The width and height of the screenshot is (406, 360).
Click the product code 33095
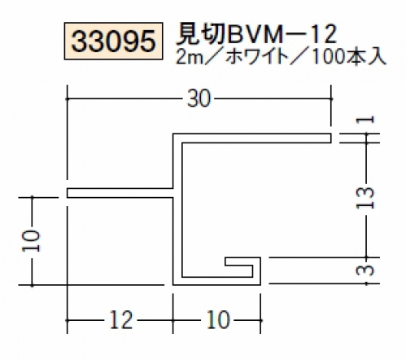(113, 42)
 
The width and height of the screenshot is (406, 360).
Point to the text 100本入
(349, 57)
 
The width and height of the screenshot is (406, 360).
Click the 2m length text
(190, 58)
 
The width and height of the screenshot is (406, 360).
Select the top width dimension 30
(199, 99)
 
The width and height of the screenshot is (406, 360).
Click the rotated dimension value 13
(365, 198)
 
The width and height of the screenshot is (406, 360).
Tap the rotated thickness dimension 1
(365, 120)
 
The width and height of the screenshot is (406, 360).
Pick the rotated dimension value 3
(365, 270)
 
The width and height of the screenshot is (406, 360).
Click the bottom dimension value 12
(121, 320)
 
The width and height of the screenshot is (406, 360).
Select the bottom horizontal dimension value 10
(218, 320)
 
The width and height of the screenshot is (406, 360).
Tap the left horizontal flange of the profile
(120, 193)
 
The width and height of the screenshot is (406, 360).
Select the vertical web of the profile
(177, 209)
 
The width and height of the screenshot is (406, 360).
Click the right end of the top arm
(331, 138)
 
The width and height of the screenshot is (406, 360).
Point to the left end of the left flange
(67, 193)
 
